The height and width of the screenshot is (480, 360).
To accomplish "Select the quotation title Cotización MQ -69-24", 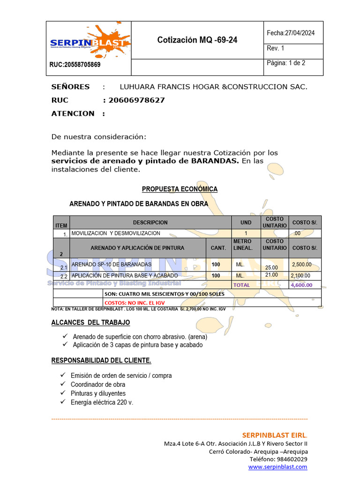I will click(x=197, y=40).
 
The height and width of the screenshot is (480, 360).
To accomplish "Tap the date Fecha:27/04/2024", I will click(x=291, y=33).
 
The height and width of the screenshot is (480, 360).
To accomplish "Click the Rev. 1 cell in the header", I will click(x=276, y=48).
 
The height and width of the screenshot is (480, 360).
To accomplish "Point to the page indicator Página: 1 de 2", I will click(x=286, y=63).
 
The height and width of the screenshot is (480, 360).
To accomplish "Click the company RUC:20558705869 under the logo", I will click(x=75, y=65).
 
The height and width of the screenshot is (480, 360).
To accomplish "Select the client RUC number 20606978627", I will click(x=136, y=100).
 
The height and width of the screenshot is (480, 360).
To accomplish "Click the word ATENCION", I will click(x=73, y=113).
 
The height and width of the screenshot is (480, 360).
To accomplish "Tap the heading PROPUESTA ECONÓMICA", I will click(x=180, y=189).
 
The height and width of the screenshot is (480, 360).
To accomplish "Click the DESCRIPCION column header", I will click(x=150, y=223).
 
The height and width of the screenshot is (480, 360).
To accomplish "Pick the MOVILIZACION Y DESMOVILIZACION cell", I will click(x=116, y=233).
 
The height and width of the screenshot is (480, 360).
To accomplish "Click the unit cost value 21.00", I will click(x=271, y=275).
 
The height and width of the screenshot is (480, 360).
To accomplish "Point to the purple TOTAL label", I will click(x=242, y=285).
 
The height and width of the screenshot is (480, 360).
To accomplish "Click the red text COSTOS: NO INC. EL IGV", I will click(x=135, y=303).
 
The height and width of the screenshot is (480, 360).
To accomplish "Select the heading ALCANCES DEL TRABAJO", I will click(x=90, y=322).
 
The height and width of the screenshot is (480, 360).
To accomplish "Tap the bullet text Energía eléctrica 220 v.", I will click(x=102, y=402).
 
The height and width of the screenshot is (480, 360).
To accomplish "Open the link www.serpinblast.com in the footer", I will click(x=277, y=467).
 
